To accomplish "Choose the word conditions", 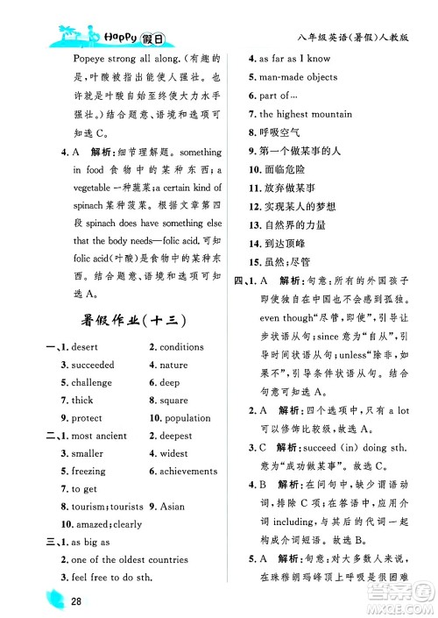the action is [181, 347].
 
